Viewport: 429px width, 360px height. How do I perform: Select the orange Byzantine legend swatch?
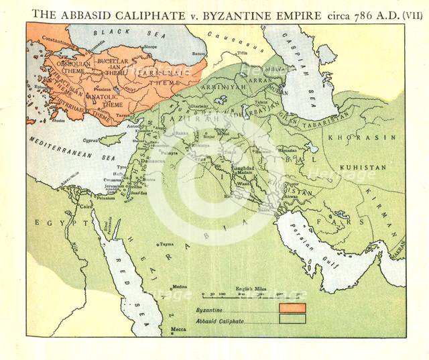click(x=292, y=307)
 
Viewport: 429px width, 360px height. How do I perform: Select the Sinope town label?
click(x=151, y=47)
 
